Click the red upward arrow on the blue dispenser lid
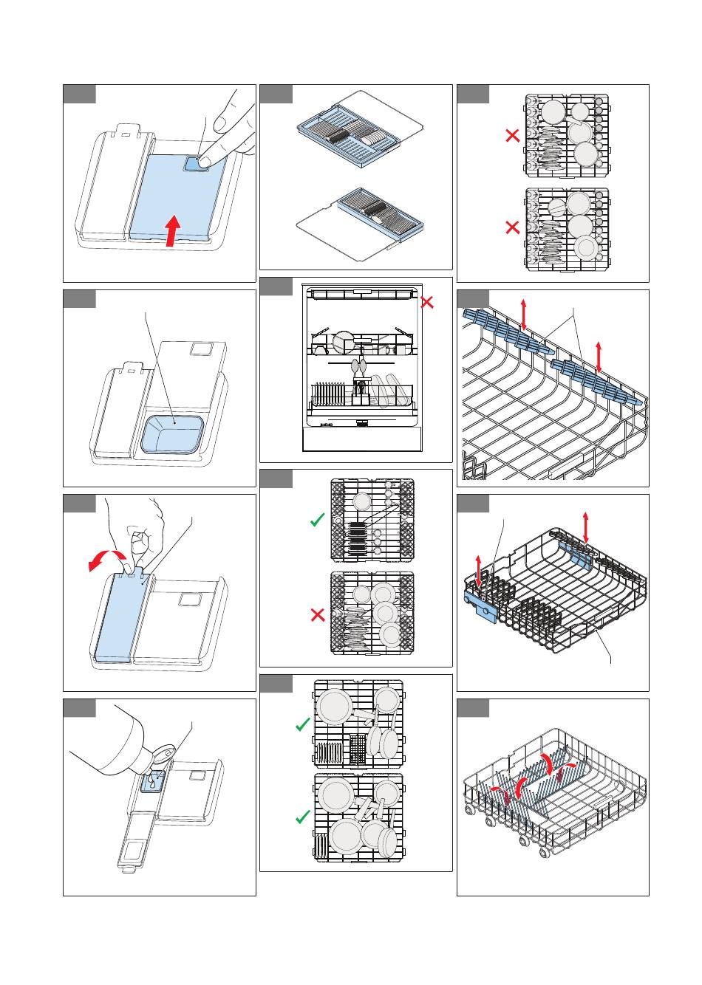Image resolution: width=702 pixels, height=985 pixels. pos(171,231)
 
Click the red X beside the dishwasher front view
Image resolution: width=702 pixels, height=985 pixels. pos(426,302)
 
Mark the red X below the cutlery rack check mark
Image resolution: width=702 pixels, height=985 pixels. pos(318,614)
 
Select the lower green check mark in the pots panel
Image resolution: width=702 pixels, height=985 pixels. pos(302,817)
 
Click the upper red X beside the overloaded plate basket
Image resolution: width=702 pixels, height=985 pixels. pos(511,136)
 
